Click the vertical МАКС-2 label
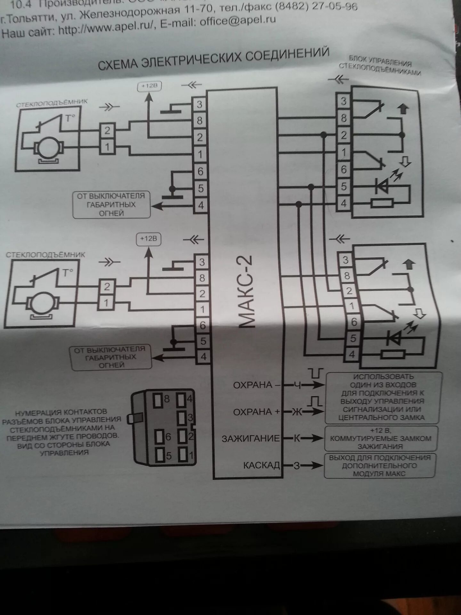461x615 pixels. [246, 291]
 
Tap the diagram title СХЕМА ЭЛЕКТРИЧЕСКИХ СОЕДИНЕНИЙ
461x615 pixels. [214, 59]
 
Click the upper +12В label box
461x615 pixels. [149, 86]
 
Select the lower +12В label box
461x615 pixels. [149, 239]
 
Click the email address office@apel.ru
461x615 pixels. [238, 21]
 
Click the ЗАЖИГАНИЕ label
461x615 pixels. [251, 438]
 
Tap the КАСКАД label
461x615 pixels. [261, 465]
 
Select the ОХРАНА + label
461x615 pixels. [256, 412]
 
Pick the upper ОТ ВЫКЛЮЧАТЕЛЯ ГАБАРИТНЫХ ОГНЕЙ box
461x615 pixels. [111, 205]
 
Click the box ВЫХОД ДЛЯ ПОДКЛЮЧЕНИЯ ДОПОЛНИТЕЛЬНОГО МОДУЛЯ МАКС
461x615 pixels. [380, 466]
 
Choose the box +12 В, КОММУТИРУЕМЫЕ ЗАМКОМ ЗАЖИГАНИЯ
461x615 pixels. [380, 439]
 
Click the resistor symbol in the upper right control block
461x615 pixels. [382, 203]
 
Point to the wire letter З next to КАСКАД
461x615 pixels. [297, 465]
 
